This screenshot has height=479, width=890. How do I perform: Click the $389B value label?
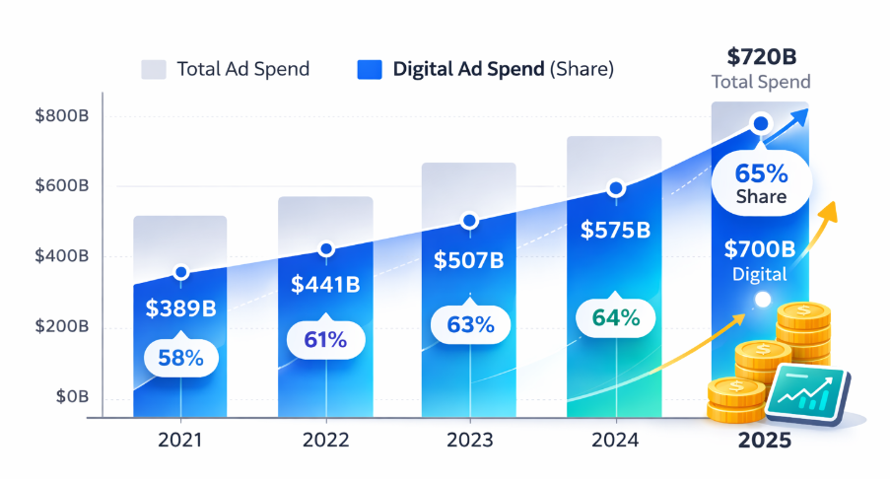pyautogui.click(x=180, y=308)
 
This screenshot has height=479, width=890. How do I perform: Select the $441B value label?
pyautogui.click(x=326, y=285)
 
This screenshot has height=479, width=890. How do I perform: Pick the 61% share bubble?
pyautogui.click(x=325, y=341)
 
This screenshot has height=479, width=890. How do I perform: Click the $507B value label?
pyautogui.click(x=469, y=260)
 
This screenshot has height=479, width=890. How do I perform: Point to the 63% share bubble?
pyautogui.click(x=469, y=324)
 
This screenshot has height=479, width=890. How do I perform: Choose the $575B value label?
pyautogui.click(x=615, y=231)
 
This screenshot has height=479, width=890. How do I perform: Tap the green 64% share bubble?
pyautogui.click(x=615, y=318)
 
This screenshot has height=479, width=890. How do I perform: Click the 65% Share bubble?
pyautogui.click(x=761, y=183)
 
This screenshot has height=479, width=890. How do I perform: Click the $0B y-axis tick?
pyautogui.click(x=72, y=396)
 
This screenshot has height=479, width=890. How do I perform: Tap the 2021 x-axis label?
pyautogui.click(x=180, y=440)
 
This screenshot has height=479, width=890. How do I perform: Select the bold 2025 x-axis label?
pyautogui.click(x=762, y=440)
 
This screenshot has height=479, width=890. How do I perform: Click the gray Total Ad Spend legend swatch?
pyautogui.click(x=153, y=69)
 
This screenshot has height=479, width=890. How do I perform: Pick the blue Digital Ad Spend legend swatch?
pyautogui.click(x=369, y=69)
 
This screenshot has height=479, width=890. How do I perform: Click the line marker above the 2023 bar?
pyautogui.click(x=469, y=221)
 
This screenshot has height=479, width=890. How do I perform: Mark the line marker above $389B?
pyautogui.click(x=180, y=272)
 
